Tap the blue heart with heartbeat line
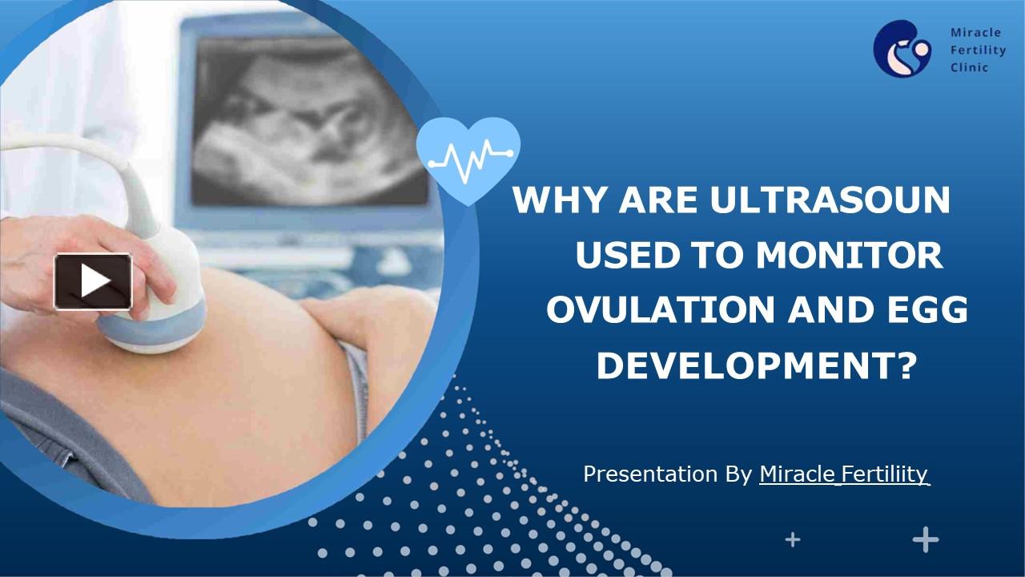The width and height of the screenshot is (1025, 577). pyautogui.click(x=468, y=155)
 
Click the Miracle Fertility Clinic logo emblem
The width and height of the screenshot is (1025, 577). pyautogui.click(x=901, y=49)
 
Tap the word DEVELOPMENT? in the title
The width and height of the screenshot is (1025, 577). pyautogui.click(x=756, y=367)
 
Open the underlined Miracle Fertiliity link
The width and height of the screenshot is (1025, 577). pyautogui.click(x=844, y=474)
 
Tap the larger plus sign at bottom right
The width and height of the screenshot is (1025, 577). pyautogui.click(x=926, y=540)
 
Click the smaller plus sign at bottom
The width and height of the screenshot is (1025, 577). pyautogui.click(x=792, y=540)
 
